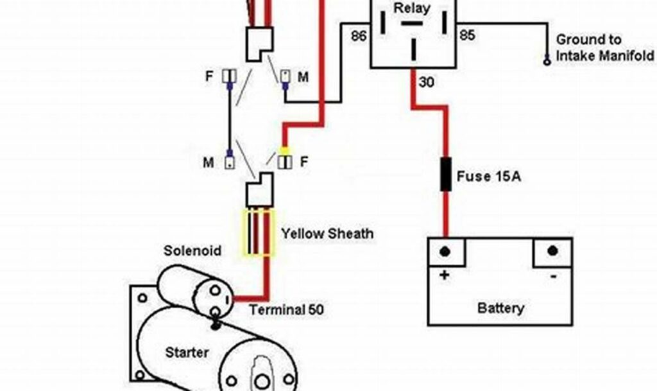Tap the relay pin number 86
359,36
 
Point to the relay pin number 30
427,82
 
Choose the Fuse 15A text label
489,175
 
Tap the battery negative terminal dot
551,249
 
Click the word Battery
500,308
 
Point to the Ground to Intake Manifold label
596,48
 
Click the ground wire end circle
547,62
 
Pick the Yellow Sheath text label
327,234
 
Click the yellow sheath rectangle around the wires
257,233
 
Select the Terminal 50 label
287,310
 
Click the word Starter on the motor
187,352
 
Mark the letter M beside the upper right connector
303,77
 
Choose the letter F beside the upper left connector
209,76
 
